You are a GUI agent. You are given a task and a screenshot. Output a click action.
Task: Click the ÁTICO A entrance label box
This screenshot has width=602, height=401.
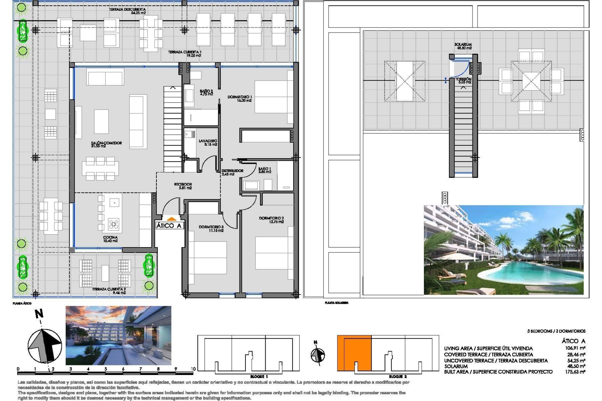tap(169, 226)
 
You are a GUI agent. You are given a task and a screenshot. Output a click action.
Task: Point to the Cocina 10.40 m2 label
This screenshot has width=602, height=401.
tap(110, 239)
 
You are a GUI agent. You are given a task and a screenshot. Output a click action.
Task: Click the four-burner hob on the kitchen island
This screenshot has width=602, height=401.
tap(114, 224)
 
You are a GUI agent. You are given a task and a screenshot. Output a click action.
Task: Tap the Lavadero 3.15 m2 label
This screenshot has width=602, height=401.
tap(208, 143)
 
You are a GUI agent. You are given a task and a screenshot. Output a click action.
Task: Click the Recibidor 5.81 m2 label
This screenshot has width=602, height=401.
tap(183, 186)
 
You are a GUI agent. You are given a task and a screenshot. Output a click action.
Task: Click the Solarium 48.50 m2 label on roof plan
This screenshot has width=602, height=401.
tap(463, 46)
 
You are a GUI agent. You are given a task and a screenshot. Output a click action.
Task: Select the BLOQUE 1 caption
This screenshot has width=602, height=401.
tap(259, 377)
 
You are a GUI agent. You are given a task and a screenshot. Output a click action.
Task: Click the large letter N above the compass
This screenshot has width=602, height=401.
tap(39, 314)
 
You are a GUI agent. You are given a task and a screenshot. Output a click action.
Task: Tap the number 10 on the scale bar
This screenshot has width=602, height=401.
tap(193, 369)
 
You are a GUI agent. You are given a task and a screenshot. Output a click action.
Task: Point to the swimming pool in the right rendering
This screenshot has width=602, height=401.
tap(530, 273)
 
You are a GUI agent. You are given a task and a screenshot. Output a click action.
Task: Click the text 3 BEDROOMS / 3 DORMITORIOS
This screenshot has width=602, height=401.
tap(556, 331)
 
